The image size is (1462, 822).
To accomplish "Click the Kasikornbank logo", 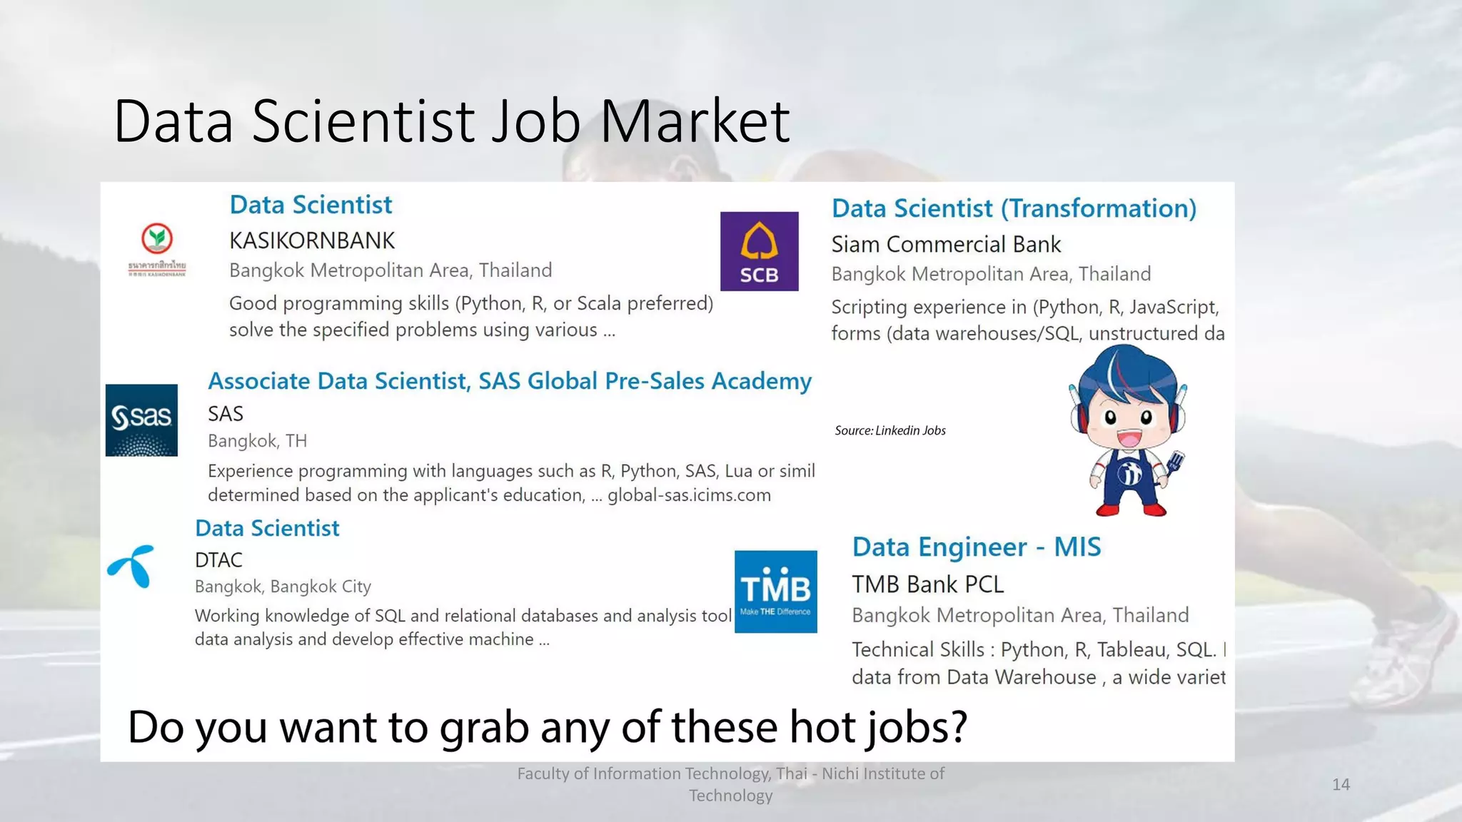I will (x=157, y=249).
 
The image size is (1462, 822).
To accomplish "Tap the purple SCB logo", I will (x=759, y=251).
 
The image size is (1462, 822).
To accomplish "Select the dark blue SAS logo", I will (x=141, y=420).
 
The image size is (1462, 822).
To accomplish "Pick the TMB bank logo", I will (x=775, y=592).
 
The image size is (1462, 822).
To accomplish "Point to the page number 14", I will (x=1341, y=785).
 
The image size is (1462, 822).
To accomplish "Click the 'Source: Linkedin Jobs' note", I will (x=890, y=430).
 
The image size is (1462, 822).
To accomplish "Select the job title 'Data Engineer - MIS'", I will (x=976, y=547).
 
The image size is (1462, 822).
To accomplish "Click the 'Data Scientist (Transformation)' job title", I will (x=1014, y=208).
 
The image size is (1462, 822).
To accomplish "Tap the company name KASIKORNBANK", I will (x=312, y=241).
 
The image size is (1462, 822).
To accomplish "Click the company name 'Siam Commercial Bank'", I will (x=946, y=245).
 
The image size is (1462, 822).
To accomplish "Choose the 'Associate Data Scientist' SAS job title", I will (x=509, y=381).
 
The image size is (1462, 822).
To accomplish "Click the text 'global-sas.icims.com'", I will (x=689, y=495).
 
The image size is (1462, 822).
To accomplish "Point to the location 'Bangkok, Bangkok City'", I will (x=283, y=587).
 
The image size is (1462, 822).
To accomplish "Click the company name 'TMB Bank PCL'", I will (x=927, y=584).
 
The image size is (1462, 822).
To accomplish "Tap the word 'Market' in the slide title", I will (x=695, y=121).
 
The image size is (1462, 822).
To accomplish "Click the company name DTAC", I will (x=218, y=560).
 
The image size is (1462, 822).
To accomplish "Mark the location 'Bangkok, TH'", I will (x=257, y=441).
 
